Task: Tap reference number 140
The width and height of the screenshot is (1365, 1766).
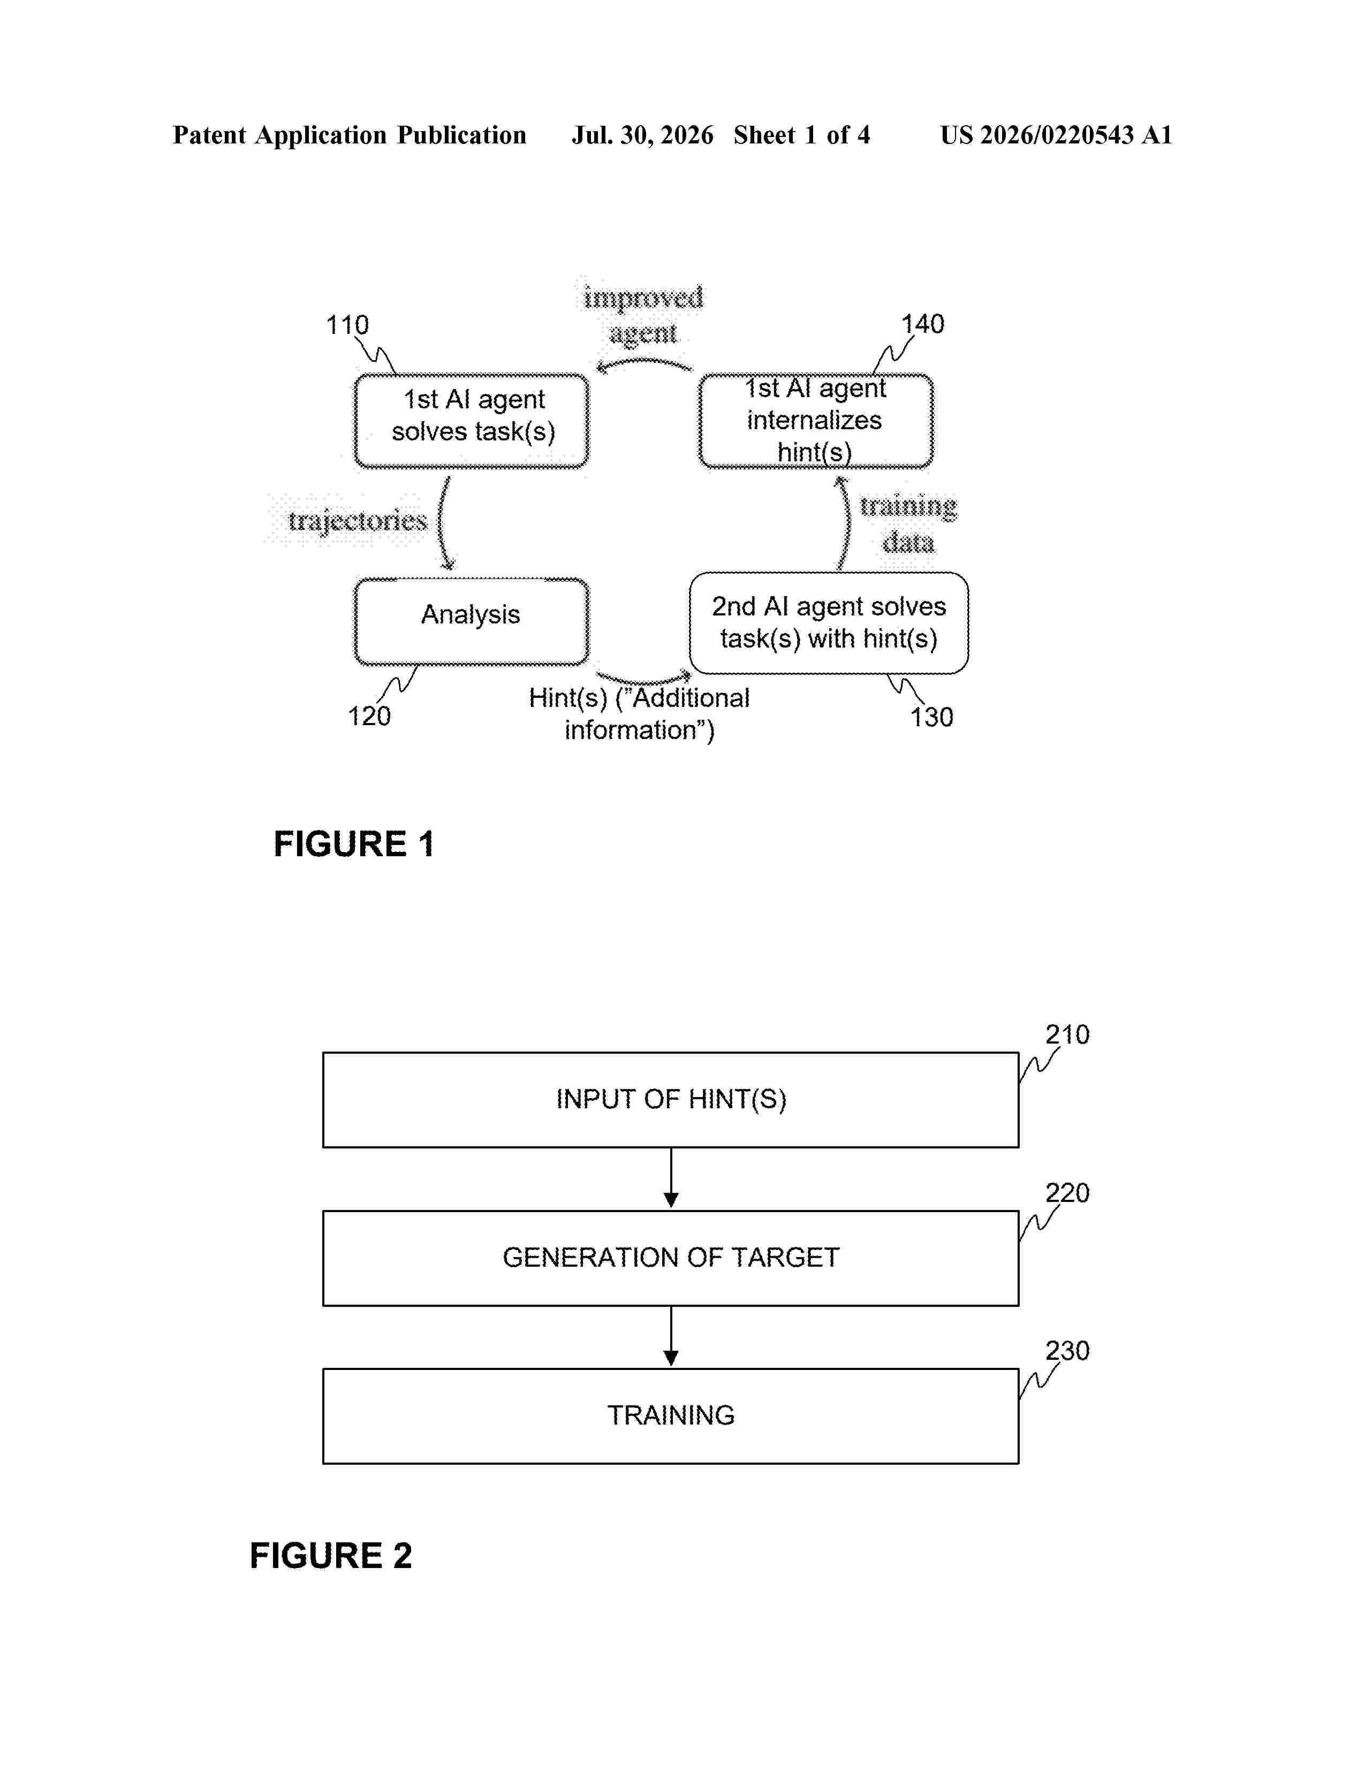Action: pyautogui.click(x=923, y=324)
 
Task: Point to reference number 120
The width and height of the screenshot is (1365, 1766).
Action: pyautogui.click(x=369, y=717)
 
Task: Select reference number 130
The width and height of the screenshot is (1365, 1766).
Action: pyautogui.click(x=931, y=717)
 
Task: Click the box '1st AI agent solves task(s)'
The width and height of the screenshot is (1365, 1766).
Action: pyautogui.click(x=472, y=421)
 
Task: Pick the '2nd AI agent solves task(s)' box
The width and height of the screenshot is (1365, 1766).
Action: pyautogui.click(x=829, y=622)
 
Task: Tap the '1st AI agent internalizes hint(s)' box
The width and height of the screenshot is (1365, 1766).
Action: pyautogui.click(x=816, y=421)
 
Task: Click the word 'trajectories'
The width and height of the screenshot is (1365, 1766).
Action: pyautogui.click(x=358, y=520)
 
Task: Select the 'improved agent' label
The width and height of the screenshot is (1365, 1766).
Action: pyautogui.click(x=643, y=315)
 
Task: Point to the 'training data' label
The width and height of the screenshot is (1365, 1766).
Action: pyautogui.click(x=908, y=523)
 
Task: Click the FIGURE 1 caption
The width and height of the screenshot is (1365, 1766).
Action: pyautogui.click(x=354, y=844)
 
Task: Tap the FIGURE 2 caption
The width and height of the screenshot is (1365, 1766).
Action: pyautogui.click(x=331, y=1556)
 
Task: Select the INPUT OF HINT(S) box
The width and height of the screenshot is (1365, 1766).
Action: pyautogui.click(x=670, y=1100)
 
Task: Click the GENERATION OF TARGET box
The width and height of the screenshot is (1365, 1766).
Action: pyautogui.click(x=670, y=1258)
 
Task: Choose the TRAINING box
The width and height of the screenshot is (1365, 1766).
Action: pyautogui.click(x=670, y=1416)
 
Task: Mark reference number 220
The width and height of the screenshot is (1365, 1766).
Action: pyautogui.click(x=1067, y=1193)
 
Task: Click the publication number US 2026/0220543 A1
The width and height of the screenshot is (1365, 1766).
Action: pyautogui.click(x=1056, y=135)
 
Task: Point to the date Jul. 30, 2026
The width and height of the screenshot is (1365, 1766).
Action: pyautogui.click(x=643, y=135)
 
